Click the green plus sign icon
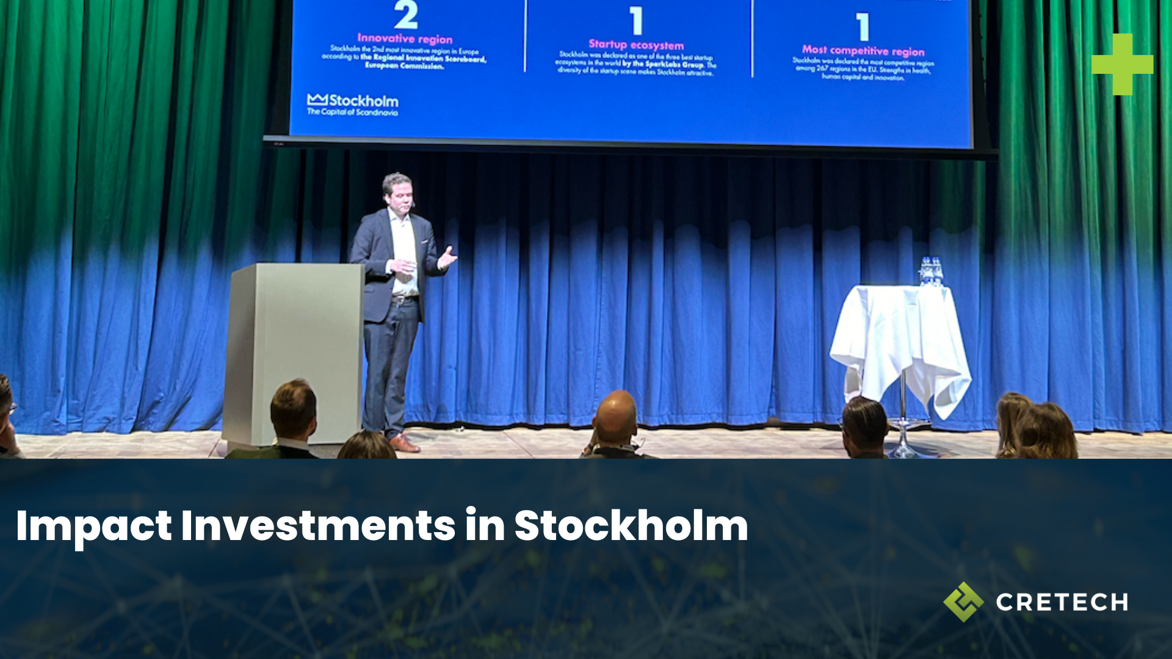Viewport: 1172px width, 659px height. coord(1122,64)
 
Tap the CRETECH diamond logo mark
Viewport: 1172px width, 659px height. coord(963,602)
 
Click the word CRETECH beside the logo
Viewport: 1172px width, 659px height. coord(1062,602)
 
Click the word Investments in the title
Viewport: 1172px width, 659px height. coord(318,526)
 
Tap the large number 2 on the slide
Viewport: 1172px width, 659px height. coord(405,15)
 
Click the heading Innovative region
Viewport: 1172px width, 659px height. coord(405,39)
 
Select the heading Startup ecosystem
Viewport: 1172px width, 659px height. coord(636,45)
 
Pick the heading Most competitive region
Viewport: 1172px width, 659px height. coord(863,51)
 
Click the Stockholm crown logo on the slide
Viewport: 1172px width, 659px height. coord(317,99)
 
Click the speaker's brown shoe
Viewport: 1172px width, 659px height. coord(403,443)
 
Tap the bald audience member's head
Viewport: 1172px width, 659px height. coord(615,415)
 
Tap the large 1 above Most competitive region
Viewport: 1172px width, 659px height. coord(863,27)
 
